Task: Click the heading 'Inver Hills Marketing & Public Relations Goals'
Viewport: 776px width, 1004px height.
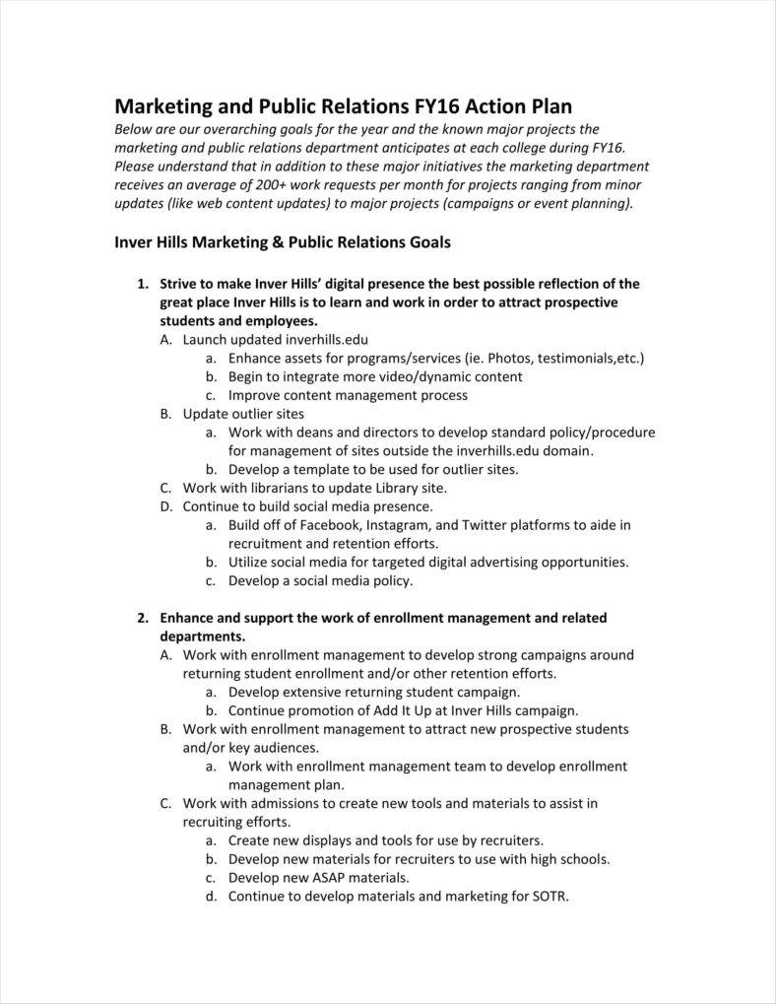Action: click(283, 241)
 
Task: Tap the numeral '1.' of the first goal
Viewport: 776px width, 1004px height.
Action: click(143, 284)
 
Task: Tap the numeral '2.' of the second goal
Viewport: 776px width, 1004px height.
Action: click(143, 618)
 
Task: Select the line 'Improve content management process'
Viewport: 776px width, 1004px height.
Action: click(348, 395)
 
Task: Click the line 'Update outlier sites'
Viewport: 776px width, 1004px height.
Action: click(243, 414)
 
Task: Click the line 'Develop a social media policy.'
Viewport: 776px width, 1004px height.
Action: click(321, 580)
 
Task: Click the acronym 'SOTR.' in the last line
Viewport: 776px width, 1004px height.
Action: click(550, 897)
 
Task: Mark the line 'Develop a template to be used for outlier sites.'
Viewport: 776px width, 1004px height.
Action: click(373, 469)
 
